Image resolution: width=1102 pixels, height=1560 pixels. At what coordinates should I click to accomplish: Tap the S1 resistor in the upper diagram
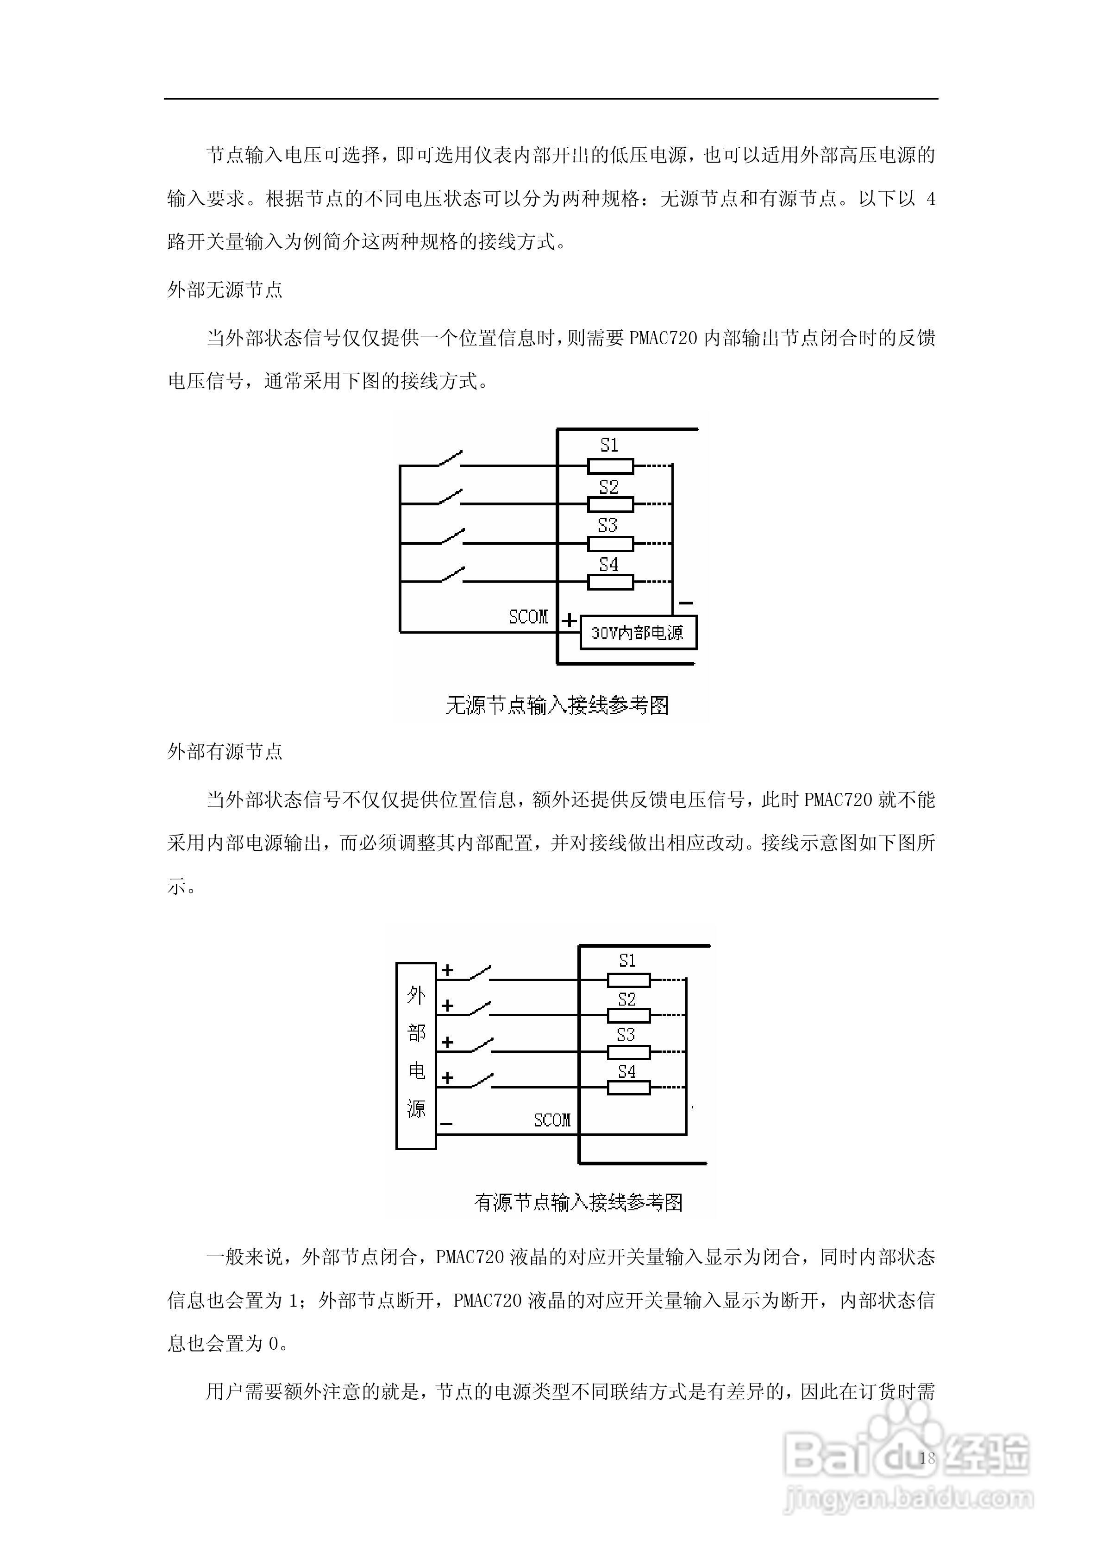[x=610, y=466]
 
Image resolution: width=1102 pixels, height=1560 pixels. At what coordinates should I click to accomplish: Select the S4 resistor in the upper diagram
[x=610, y=582]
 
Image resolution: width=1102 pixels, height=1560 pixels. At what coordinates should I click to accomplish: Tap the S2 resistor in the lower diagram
[x=628, y=1016]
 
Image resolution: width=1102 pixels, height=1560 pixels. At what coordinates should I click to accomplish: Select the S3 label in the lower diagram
[x=626, y=1035]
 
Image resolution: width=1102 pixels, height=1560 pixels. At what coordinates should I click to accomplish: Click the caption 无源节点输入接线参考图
[x=557, y=705]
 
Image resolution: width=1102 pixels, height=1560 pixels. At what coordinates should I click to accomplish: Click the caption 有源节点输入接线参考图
[x=578, y=1202]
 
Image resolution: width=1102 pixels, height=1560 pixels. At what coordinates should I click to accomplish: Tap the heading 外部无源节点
[x=225, y=290]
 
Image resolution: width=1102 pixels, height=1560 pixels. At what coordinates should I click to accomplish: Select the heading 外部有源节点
[x=225, y=751]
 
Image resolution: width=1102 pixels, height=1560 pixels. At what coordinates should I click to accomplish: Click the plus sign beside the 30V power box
[x=570, y=620]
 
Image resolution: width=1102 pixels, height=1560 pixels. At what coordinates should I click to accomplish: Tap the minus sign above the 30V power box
[x=686, y=603]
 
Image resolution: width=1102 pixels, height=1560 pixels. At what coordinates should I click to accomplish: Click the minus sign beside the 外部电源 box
[x=446, y=1123]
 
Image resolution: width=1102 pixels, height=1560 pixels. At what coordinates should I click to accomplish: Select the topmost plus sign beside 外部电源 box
[x=447, y=970]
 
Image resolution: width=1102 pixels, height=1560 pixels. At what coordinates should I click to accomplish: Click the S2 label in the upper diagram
[x=609, y=486]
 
